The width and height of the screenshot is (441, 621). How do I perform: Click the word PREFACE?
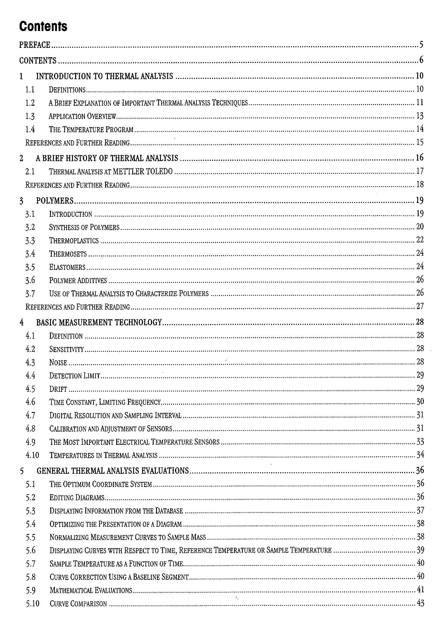(35, 45)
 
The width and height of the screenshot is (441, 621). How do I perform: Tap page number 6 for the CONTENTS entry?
(421, 60)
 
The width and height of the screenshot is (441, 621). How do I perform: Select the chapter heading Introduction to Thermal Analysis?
(105, 76)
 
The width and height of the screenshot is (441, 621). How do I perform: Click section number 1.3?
(30, 116)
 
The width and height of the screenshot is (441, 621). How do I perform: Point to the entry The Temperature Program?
(91, 130)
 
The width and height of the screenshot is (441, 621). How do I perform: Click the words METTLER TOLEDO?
(142, 172)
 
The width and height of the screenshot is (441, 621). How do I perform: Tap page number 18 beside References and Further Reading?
(420, 184)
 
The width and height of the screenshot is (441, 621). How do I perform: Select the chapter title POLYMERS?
(55, 201)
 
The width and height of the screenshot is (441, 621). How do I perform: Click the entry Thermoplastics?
(74, 241)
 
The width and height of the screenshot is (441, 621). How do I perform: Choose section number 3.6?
(30, 280)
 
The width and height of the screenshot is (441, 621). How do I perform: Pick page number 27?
(420, 307)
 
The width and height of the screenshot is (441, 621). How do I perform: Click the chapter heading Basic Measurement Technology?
(99, 323)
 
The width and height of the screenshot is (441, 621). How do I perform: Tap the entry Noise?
(58, 363)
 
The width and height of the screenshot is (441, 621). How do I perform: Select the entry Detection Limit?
(74, 376)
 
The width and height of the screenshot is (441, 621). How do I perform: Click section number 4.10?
(32, 455)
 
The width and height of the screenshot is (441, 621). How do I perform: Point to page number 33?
(420, 442)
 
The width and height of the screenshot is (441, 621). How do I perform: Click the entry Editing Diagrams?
(77, 498)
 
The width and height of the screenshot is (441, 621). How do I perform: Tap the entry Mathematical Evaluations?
(91, 590)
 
